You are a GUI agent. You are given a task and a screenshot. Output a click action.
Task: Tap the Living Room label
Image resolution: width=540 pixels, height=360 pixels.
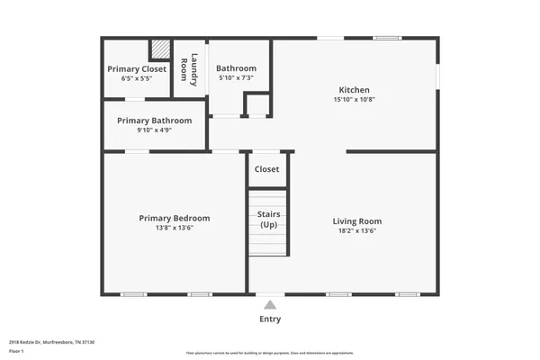point(357,221)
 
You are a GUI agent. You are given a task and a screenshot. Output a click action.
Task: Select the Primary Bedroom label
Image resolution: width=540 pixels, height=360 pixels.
point(174,218)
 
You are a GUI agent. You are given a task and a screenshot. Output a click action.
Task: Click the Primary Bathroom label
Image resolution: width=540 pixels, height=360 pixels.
point(154,121)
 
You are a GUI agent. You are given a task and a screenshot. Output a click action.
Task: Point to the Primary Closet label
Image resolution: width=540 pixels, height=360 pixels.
point(136,69)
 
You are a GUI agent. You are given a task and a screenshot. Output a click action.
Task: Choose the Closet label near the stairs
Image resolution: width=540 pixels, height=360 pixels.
point(267,169)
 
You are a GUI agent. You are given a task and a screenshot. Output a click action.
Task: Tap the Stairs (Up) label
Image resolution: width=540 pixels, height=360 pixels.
point(269,220)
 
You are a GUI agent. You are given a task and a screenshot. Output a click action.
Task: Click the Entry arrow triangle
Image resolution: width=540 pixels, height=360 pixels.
point(270,304)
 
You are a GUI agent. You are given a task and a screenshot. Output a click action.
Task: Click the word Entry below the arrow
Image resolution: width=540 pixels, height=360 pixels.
point(270,319)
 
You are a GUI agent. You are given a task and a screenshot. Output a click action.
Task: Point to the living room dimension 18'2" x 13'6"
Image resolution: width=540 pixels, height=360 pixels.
point(357,231)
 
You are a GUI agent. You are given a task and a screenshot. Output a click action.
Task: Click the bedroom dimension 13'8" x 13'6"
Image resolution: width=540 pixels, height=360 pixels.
point(174,228)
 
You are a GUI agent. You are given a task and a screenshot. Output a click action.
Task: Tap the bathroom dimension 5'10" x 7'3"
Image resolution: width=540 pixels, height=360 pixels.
point(237,78)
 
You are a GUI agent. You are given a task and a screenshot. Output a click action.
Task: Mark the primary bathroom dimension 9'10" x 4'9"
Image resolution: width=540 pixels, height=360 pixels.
point(154,130)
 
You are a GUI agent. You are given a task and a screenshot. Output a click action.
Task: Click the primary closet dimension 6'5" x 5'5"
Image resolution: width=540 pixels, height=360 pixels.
point(136,79)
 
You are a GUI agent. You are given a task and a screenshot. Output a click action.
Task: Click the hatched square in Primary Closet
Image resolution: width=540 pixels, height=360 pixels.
point(159,49)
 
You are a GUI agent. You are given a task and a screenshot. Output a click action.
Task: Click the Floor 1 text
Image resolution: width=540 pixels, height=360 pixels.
point(17,350)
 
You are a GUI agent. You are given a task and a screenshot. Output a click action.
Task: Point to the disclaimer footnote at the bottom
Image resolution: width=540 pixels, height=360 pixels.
point(270,353)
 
